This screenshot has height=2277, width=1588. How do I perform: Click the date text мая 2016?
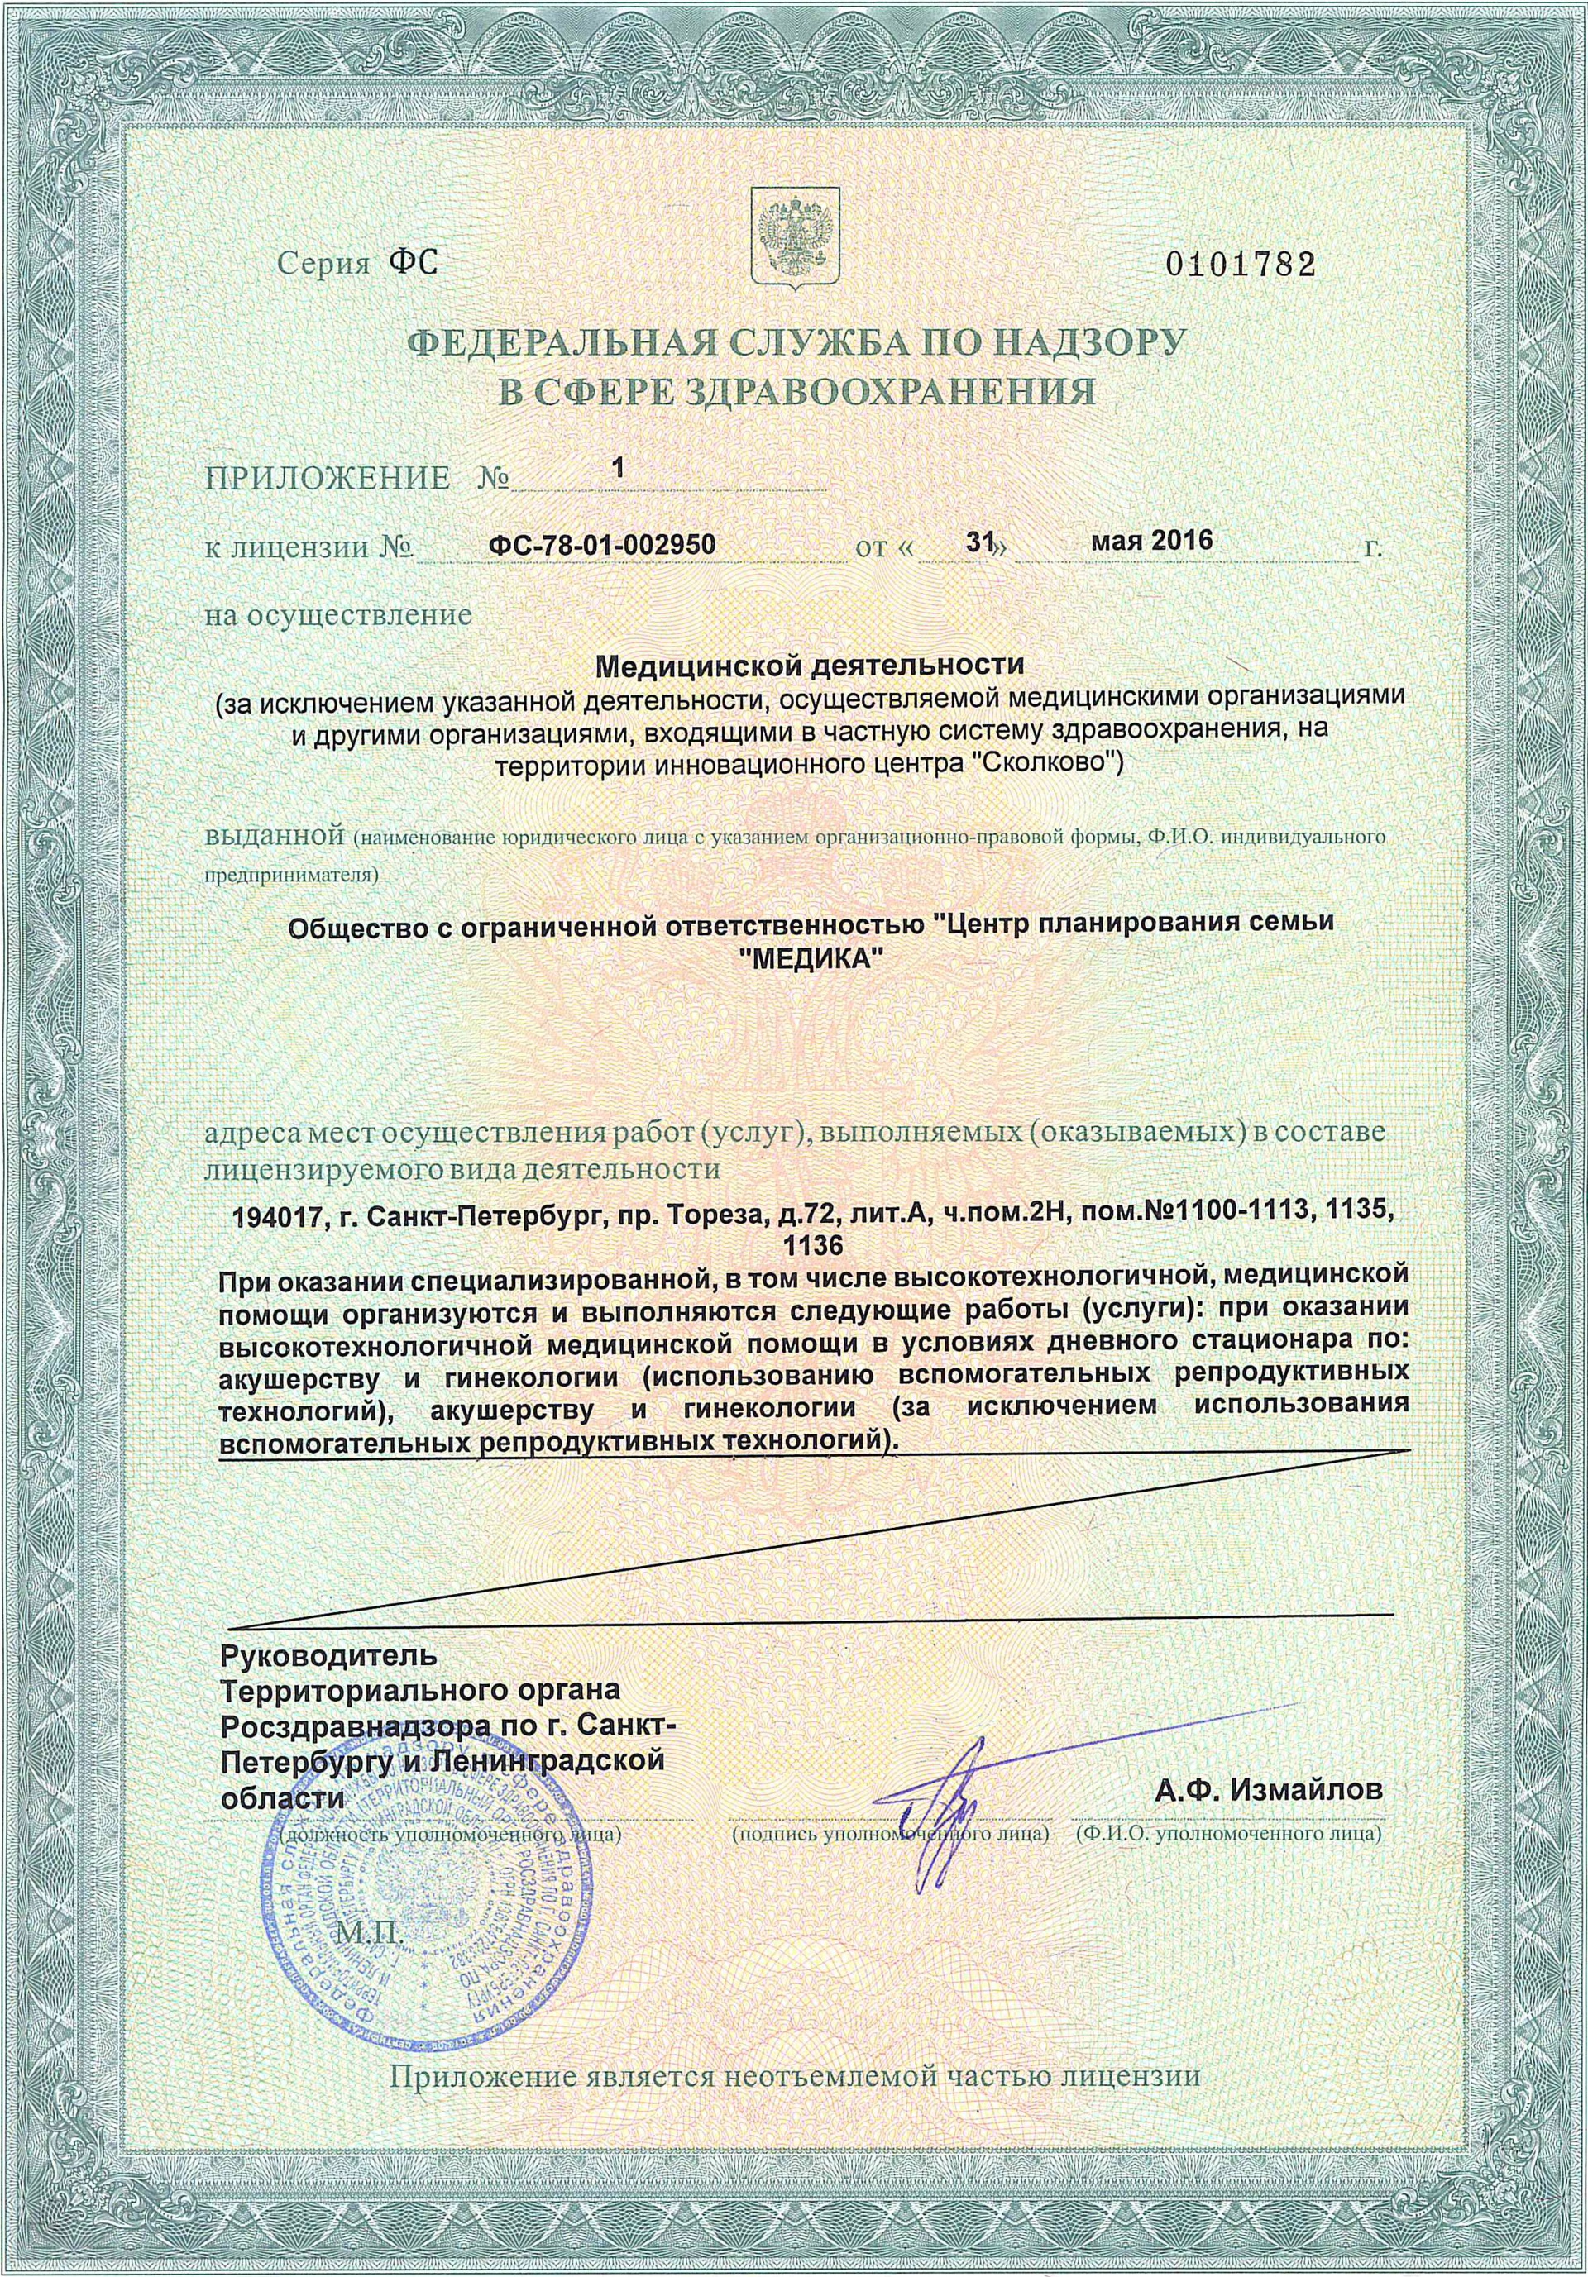click(x=1153, y=542)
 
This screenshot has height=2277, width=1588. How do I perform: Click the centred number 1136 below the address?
click(x=812, y=1247)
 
